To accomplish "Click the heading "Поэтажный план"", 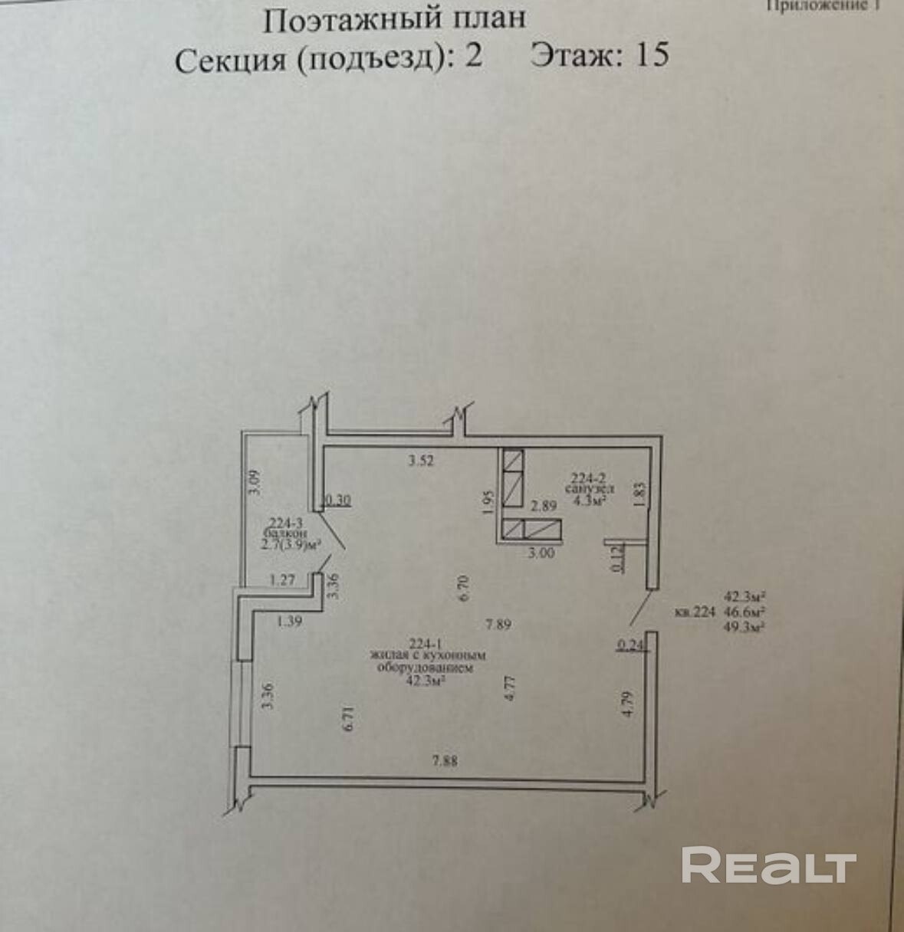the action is pyautogui.click(x=395, y=19).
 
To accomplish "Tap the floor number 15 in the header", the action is pyautogui.click(x=652, y=55).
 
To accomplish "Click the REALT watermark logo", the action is pyautogui.click(x=768, y=866).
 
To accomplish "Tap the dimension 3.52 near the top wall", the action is pyautogui.click(x=422, y=461).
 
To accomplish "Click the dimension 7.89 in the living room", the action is pyautogui.click(x=498, y=624).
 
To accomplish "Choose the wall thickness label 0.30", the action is pyautogui.click(x=338, y=500).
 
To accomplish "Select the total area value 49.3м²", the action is pyautogui.click(x=746, y=626).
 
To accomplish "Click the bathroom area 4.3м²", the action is pyautogui.click(x=587, y=502).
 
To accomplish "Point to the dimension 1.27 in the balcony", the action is pyautogui.click(x=281, y=580).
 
